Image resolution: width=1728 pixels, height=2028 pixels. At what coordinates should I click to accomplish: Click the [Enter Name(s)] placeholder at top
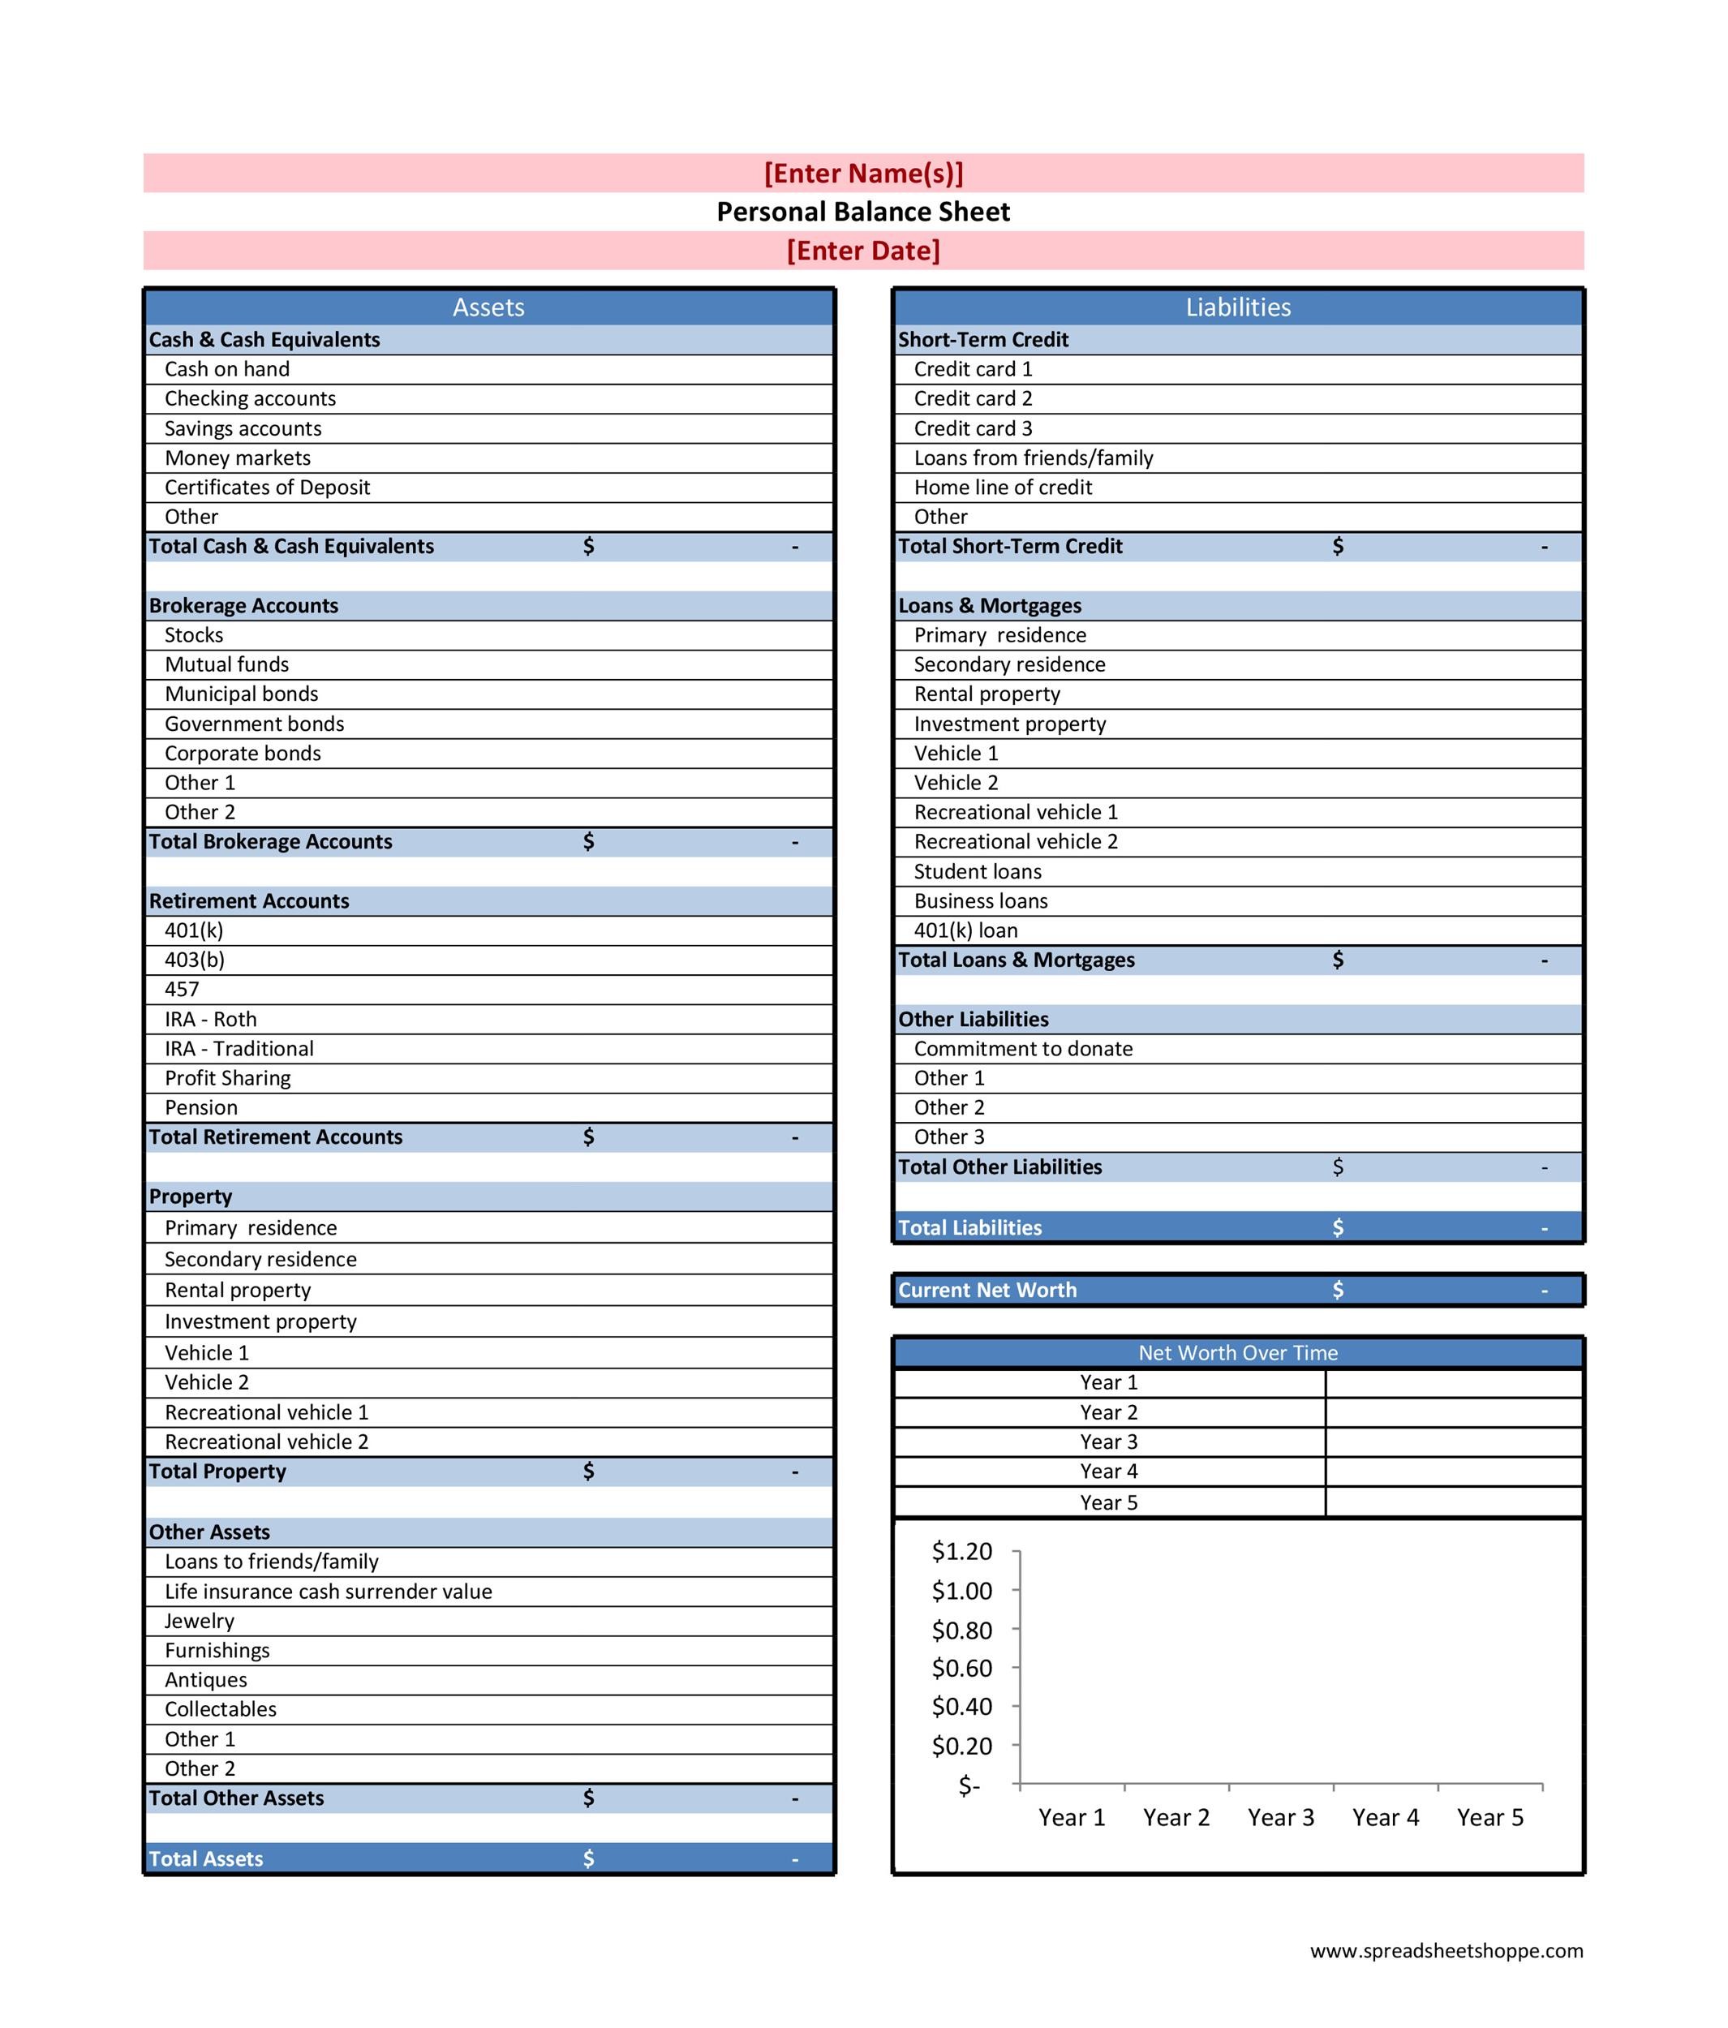tap(862, 174)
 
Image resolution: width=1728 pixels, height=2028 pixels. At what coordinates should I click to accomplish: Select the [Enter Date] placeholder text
tap(862, 251)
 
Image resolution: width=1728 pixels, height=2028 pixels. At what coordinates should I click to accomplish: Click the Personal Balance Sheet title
tap(862, 212)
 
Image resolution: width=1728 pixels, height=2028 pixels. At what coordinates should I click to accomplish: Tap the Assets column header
tap(488, 307)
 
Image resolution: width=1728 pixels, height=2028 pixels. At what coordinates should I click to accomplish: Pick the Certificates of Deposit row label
tap(267, 488)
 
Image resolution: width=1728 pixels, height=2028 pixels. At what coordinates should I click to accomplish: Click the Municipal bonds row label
tap(241, 694)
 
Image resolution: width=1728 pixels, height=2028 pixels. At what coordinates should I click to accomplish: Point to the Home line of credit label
tap(1003, 488)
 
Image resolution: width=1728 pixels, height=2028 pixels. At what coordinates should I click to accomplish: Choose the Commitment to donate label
tap(1023, 1048)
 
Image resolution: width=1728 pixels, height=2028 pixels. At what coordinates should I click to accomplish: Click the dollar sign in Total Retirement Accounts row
tap(588, 1136)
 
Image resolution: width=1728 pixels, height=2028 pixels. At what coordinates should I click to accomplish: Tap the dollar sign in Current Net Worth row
tap(1337, 1290)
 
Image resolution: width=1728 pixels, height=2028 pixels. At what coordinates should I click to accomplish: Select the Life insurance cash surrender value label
tap(328, 1592)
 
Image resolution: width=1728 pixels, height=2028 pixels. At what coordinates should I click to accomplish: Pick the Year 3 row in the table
tap(1108, 1442)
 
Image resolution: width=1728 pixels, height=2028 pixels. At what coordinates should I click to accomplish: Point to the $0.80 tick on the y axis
tap(961, 1631)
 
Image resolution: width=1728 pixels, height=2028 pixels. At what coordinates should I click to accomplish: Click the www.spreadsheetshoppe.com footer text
tap(1446, 1951)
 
